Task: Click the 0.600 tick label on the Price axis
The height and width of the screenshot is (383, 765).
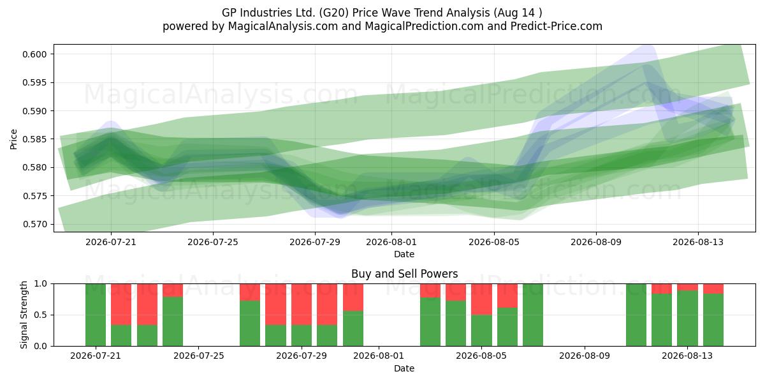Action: click(x=34, y=54)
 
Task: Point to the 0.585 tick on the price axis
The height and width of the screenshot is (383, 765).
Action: click(x=34, y=139)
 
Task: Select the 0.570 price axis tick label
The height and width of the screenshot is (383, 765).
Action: click(x=34, y=224)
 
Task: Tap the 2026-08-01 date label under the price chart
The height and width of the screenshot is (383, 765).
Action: click(x=391, y=242)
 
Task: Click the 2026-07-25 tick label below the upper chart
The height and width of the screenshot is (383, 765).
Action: click(x=213, y=242)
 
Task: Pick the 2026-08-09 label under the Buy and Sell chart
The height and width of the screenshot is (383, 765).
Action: click(x=585, y=356)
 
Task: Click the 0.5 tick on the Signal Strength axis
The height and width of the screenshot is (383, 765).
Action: click(x=40, y=315)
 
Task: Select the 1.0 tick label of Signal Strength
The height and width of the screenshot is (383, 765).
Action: click(x=40, y=284)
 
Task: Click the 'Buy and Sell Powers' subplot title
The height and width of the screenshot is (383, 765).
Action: click(x=404, y=274)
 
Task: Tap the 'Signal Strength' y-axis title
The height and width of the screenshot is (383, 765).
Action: click(x=24, y=315)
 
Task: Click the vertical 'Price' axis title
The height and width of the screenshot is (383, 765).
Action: click(x=13, y=139)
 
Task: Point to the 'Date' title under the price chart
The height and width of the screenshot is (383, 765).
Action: click(x=404, y=255)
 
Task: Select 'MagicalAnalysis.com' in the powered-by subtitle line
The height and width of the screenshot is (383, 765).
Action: click(x=283, y=26)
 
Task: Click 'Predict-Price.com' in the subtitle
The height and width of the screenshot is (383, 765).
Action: click(x=557, y=26)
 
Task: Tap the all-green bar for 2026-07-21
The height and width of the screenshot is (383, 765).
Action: click(x=96, y=315)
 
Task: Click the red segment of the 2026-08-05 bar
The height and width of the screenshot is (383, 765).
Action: click(x=481, y=299)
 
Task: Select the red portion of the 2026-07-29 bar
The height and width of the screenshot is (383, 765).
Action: click(x=302, y=304)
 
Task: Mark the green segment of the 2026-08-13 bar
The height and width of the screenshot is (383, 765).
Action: click(x=687, y=319)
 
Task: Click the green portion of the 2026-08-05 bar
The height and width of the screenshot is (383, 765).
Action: click(x=481, y=331)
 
